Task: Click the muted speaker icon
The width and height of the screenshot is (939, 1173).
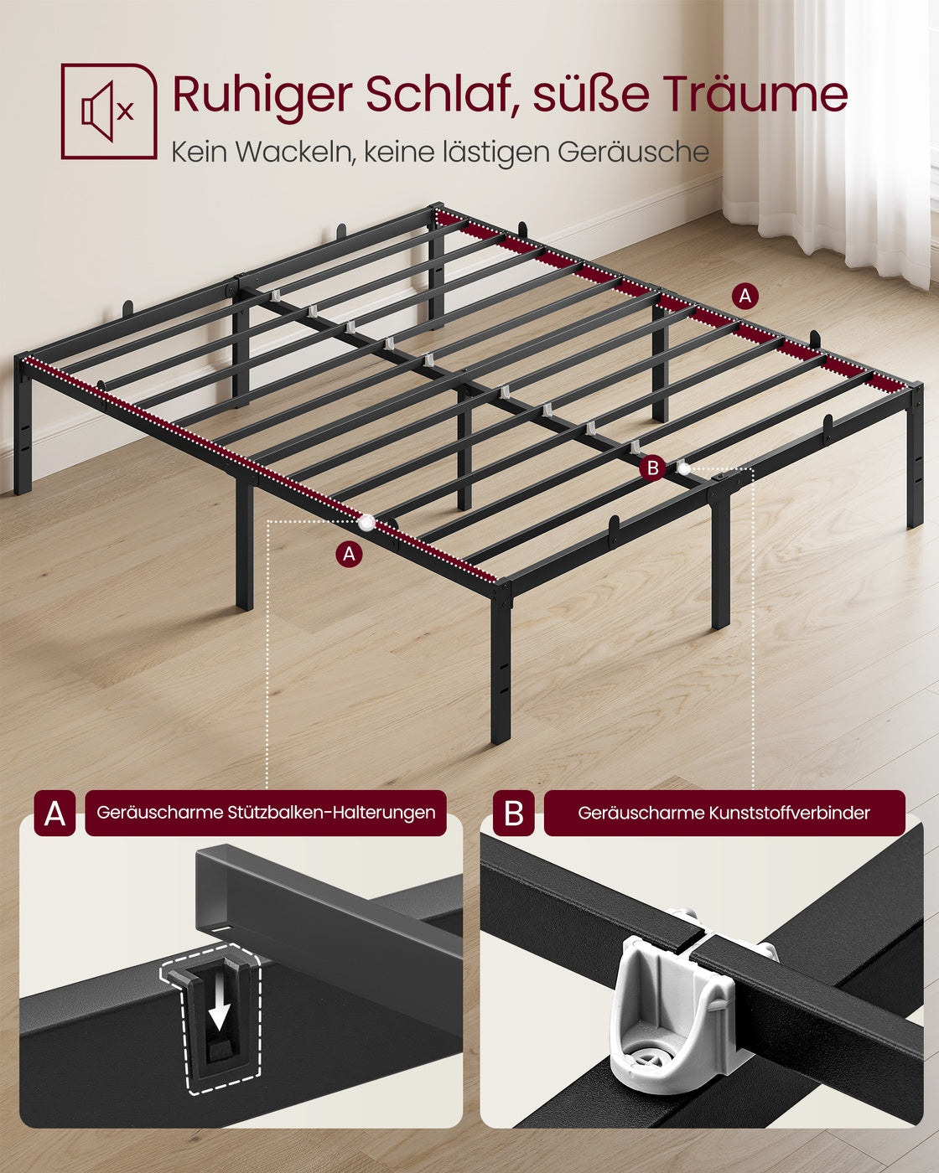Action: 108,111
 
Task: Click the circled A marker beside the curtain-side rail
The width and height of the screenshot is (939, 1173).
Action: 744,296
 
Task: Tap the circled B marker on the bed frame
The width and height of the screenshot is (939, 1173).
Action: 652,468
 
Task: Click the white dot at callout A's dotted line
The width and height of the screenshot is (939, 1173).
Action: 366,523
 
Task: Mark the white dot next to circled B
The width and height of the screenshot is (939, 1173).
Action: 682,468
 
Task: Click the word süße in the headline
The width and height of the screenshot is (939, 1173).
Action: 591,94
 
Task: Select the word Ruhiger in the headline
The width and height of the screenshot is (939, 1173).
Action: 262,95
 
